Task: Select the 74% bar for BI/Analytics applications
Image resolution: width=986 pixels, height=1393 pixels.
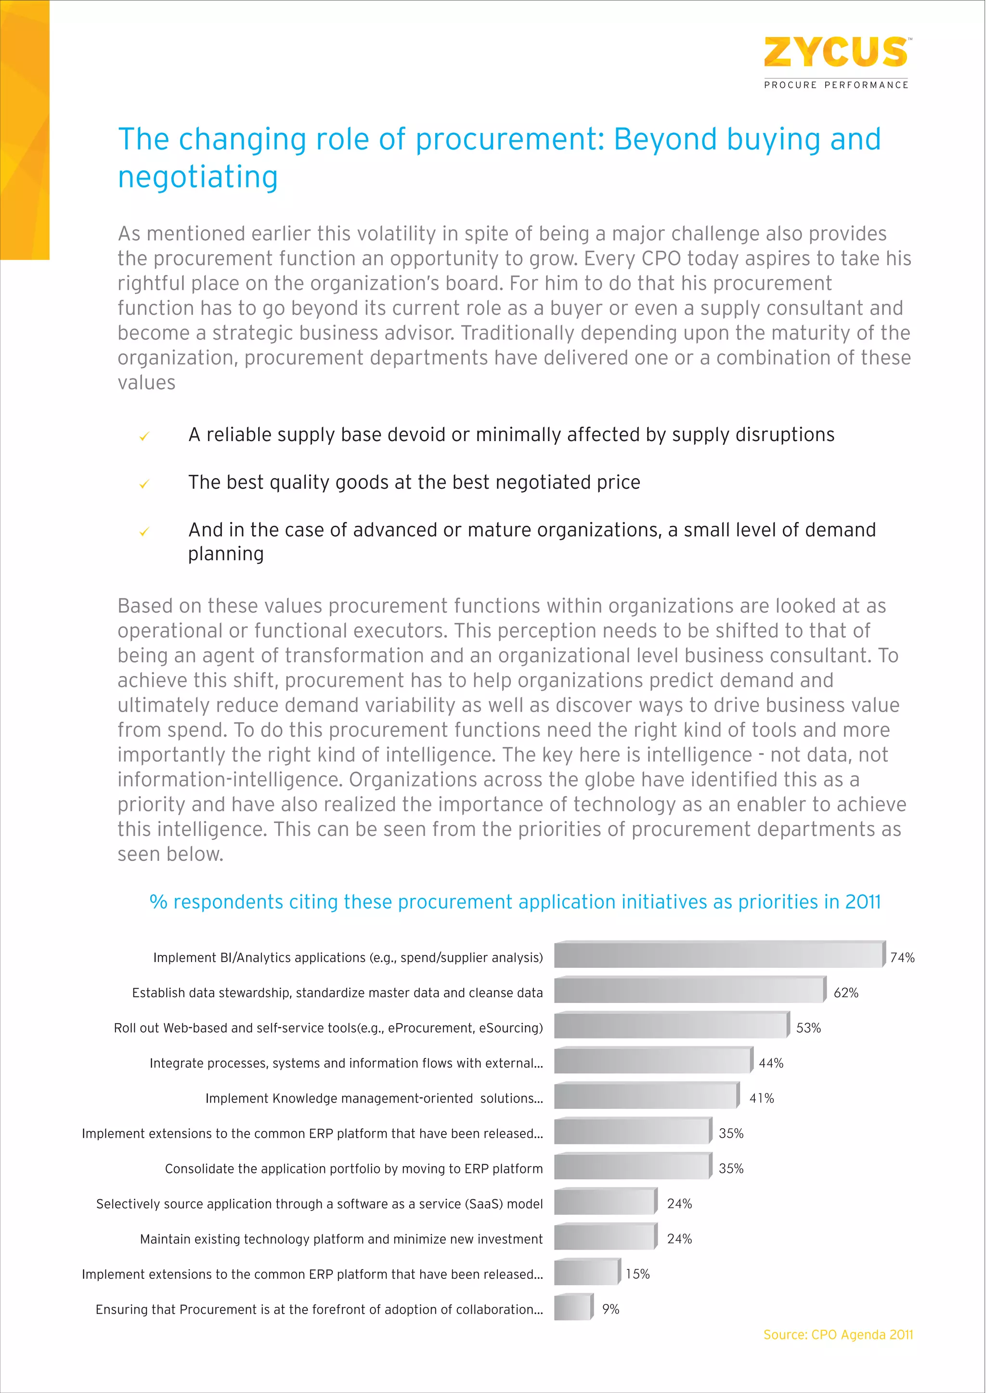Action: click(719, 955)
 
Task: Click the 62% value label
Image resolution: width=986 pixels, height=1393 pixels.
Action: click(846, 993)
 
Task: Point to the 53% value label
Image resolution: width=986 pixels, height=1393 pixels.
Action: click(808, 1028)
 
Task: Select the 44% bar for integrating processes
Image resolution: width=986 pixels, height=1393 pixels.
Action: click(653, 1061)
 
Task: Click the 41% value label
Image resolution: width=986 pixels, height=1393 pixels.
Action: click(761, 1098)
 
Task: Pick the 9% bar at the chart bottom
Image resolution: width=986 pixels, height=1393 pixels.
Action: click(572, 1307)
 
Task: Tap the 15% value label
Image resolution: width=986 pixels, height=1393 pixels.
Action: click(637, 1274)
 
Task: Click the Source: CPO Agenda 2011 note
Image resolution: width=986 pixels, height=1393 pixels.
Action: click(838, 1335)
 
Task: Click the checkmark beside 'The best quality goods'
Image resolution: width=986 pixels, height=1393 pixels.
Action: click(144, 484)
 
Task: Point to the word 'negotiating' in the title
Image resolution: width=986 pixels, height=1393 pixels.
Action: click(198, 177)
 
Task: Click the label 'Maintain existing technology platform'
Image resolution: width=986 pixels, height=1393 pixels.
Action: click(341, 1239)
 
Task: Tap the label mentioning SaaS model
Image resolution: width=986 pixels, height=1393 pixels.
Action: click(319, 1204)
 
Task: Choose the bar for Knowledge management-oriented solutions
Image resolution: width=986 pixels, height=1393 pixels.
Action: click(646, 1096)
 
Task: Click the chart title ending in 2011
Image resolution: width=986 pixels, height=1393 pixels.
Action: click(515, 902)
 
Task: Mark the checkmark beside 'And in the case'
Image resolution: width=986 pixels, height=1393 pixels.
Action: click(144, 532)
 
